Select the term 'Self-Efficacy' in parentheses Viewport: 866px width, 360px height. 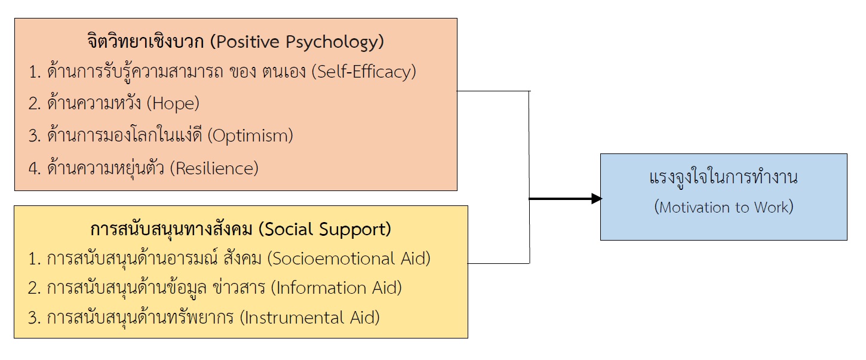pos(364,72)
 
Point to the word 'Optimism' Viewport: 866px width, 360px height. pos(250,136)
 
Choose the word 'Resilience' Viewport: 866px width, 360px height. pos(214,168)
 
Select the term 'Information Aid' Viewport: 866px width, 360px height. pos(336,288)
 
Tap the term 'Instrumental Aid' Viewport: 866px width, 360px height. pos(310,318)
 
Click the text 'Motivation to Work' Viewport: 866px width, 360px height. pos(723,207)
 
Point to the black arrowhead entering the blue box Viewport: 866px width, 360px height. pos(597,199)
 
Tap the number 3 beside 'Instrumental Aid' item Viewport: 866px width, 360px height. pos(33,318)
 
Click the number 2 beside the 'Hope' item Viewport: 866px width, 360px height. pos(33,104)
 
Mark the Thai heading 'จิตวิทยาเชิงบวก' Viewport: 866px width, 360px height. pos(146,42)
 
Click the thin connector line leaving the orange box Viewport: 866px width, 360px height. pos(494,91)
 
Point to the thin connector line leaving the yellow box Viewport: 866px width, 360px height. pos(499,263)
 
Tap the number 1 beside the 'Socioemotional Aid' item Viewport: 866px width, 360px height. pos(33,259)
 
